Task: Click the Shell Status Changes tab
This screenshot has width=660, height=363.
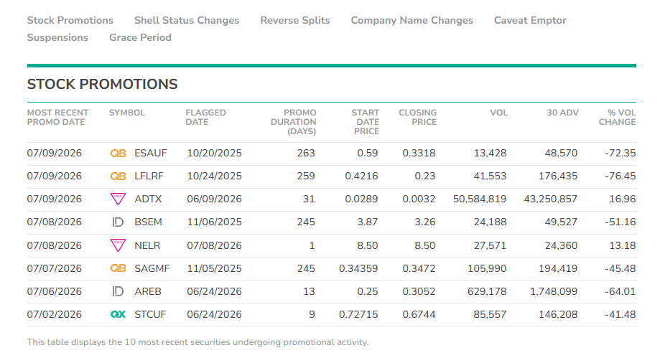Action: coord(187,20)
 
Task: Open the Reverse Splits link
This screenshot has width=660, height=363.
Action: coord(295,20)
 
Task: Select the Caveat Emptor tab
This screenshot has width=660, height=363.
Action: coord(530,20)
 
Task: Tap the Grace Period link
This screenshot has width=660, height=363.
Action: coord(140,37)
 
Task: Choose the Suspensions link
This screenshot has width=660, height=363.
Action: coord(57,37)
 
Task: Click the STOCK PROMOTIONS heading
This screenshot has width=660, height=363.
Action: coord(102,84)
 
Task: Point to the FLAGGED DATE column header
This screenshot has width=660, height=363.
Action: coord(206,118)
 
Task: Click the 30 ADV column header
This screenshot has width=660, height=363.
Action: coord(563,113)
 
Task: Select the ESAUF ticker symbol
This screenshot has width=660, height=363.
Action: coord(151,153)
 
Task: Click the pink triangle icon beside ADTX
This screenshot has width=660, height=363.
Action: coord(118,199)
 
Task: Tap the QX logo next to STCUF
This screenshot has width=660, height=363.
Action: coord(118,314)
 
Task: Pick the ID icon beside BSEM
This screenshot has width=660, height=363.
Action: coord(118,222)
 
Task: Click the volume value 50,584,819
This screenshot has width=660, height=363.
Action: coord(480,199)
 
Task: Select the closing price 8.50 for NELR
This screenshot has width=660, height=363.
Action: coord(424,245)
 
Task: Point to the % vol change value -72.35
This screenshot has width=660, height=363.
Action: coord(620,153)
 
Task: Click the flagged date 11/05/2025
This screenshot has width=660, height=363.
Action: coord(214,268)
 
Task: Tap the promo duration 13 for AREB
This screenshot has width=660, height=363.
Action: coord(309,291)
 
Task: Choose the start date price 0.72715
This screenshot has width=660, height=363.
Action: coord(358,314)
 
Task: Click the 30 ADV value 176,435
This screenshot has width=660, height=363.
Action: coord(558,176)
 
